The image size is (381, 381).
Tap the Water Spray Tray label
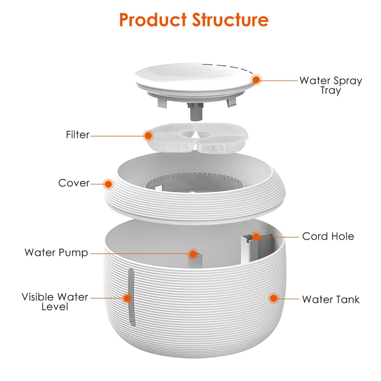[330, 85]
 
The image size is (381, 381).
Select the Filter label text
[78, 135]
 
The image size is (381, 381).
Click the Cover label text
[74, 183]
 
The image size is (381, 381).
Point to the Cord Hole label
[328, 236]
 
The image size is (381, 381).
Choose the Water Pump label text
[56, 253]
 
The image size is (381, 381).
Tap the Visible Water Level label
[55, 302]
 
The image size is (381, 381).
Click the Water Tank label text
[330, 299]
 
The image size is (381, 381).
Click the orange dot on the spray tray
[256, 80]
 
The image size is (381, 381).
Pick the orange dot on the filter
[148, 135]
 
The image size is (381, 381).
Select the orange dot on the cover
[108, 183]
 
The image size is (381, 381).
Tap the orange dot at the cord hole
[256, 236]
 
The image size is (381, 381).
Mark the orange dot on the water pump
[193, 254]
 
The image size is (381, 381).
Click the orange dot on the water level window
[127, 298]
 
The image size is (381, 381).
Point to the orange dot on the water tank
[273, 298]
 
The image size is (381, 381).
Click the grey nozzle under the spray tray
[196, 112]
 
